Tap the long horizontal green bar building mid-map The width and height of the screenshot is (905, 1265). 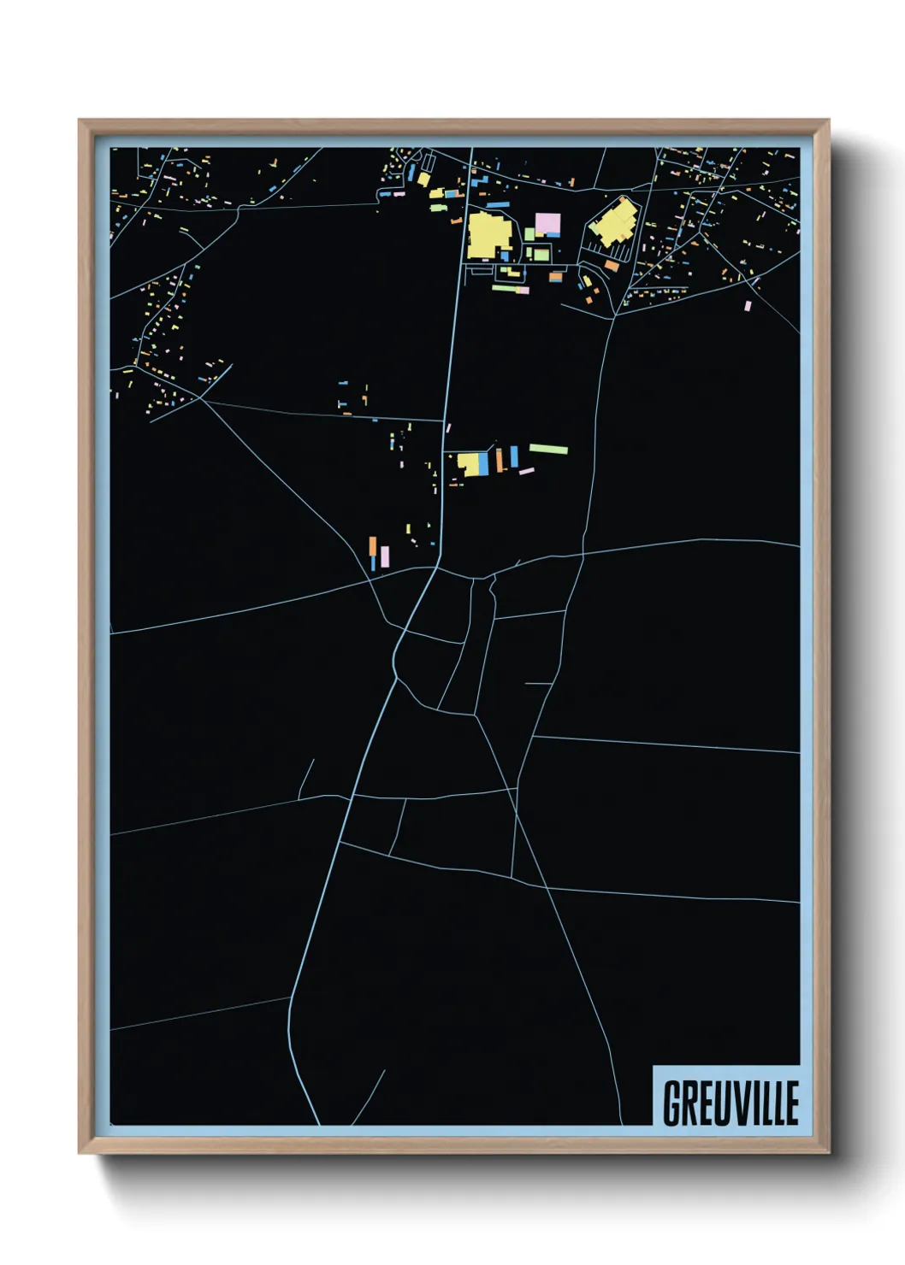tap(548, 449)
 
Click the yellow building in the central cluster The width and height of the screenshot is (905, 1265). tap(469, 464)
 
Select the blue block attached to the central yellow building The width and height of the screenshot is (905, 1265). tap(483, 463)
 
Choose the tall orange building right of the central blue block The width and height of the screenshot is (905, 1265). tap(500, 459)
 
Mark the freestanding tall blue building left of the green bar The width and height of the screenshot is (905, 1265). tap(514, 456)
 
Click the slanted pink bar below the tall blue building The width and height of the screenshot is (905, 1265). tap(526, 471)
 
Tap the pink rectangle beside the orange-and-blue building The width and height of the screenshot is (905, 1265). tap(385, 556)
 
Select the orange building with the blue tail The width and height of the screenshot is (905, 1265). tap(373, 550)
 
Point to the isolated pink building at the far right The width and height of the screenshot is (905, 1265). tap(748, 305)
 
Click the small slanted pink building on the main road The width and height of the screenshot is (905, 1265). tap(448, 427)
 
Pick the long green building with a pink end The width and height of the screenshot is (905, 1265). tap(510, 289)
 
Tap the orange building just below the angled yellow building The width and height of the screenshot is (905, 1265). tap(612, 266)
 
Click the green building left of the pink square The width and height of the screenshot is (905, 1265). tap(529, 234)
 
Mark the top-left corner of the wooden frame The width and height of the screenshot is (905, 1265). tap(80, 121)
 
